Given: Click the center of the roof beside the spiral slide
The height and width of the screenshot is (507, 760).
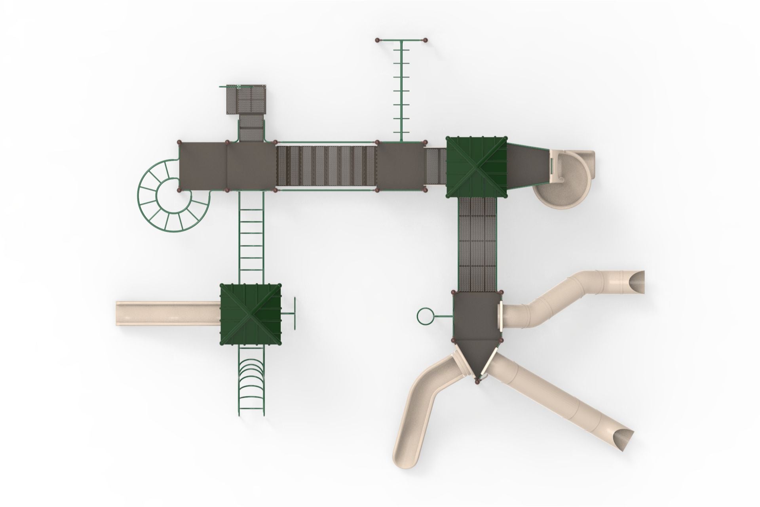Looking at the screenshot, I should point(477,167).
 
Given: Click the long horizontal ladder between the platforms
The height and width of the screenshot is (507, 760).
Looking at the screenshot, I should point(251,238).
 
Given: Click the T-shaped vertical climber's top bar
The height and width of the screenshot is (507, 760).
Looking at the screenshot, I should point(401,40).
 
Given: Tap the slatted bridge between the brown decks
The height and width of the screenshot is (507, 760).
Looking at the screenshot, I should point(326,166).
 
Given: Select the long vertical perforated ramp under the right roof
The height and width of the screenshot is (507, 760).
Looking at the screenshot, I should point(477,244).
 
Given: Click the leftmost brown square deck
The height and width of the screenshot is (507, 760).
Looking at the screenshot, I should point(203,166).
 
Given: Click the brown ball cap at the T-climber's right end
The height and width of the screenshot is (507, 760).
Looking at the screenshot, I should point(426,40).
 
